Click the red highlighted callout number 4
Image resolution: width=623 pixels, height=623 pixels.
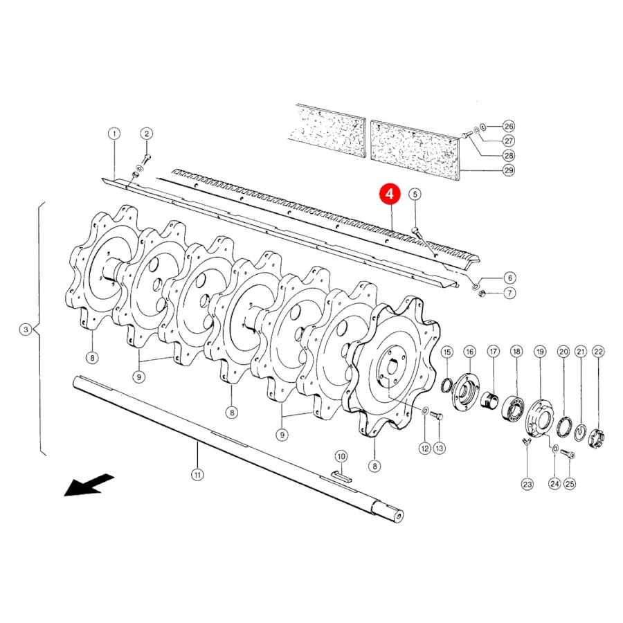[389, 194]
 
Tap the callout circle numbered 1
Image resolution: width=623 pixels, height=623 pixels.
[114, 134]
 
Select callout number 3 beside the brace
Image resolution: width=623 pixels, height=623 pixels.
[26, 329]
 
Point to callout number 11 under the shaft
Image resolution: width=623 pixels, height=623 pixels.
[197, 474]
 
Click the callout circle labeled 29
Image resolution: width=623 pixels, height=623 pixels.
[509, 170]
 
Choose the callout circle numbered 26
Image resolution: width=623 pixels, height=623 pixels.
[509, 127]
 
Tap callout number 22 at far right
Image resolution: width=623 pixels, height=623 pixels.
[598, 352]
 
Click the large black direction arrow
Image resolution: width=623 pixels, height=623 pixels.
[89, 485]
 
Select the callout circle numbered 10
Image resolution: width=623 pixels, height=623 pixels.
[341, 456]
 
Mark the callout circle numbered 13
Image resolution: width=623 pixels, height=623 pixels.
[439, 448]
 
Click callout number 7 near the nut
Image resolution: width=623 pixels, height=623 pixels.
[509, 294]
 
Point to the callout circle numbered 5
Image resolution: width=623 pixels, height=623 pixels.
[415, 195]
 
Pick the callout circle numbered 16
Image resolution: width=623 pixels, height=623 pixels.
[469, 352]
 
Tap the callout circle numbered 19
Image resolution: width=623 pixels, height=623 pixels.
[540, 352]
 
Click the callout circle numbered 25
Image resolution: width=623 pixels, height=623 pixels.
[570, 484]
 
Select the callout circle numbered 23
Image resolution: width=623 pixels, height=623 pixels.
[527, 485]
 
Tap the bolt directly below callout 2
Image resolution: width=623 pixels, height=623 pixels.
[147, 159]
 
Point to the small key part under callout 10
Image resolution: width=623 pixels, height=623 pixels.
[341, 476]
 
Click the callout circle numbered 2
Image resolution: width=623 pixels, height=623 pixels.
[147, 134]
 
